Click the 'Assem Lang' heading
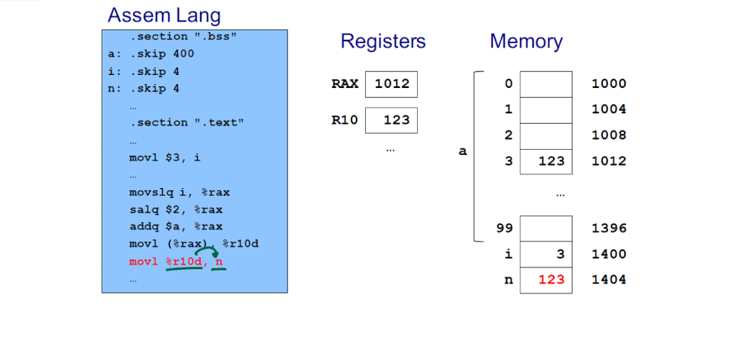pyautogui.click(x=164, y=16)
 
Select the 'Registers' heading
pyautogui.click(x=383, y=41)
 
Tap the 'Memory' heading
pyautogui.click(x=526, y=41)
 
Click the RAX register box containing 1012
pyautogui.click(x=391, y=84)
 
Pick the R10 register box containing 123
pyautogui.click(x=391, y=120)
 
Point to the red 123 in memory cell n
pyautogui.click(x=552, y=280)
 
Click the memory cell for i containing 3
pyautogui.click(x=546, y=255)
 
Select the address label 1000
pyautogui.click(x=609, y=84)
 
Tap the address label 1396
pyautogui.click(x=609, y=229)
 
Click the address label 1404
pyautogui.click(x=609, y=280)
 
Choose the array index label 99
pyautogui.click(x=505, y=229)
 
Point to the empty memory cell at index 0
pyautogui.click(x=546, y=84)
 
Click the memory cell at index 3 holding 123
pyautogui.click(x=546, y=161)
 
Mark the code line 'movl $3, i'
pyautogui.click(x=164, y=157)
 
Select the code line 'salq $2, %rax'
pyautogui.click(x=176, y=209)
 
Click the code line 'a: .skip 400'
pyautogui.click(x=150, y=54)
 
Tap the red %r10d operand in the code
pyautogui.click(x=184, y=262)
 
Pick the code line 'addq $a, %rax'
pyautogui.click(x=176, y=226)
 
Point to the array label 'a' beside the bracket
pyautogui.click(x=463, y=151)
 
